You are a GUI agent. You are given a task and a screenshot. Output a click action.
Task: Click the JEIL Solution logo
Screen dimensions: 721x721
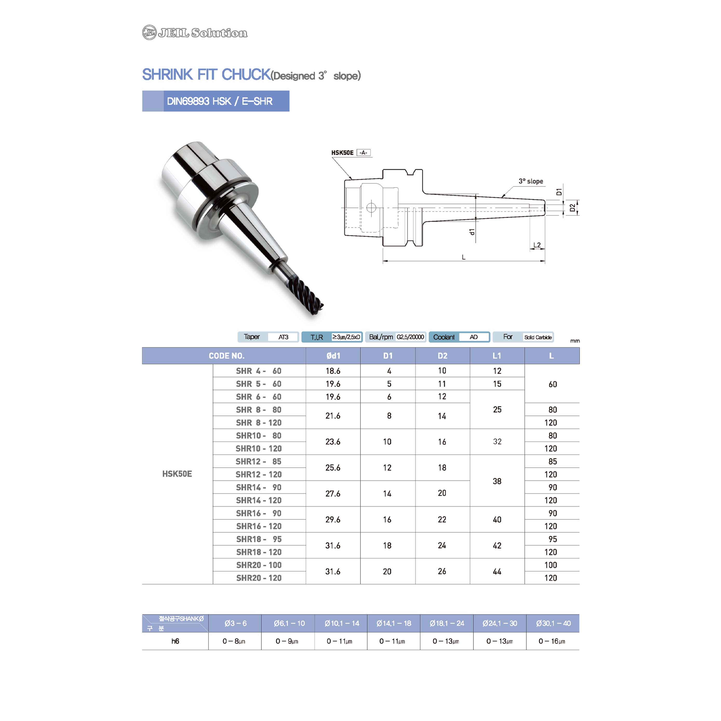click(x=195, y=32)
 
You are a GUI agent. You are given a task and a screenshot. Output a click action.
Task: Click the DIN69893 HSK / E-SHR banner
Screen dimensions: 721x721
click(x=216, y=101)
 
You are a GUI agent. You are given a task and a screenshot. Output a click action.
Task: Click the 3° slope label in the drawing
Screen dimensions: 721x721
click(x=531, y=181)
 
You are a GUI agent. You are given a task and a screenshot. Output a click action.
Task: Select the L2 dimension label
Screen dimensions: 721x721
click(x=537, y=245)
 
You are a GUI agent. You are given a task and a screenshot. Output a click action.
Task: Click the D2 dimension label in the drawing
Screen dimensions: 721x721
click(x=572, y=208)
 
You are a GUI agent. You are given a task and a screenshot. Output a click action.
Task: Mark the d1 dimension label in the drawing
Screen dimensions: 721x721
click(x=472, y=232)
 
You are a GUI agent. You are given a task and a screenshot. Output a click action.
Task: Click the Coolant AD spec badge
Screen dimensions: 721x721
click(x=459, y=337)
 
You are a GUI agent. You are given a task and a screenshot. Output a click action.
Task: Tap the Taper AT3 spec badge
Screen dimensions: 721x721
click(x=268, y=337)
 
